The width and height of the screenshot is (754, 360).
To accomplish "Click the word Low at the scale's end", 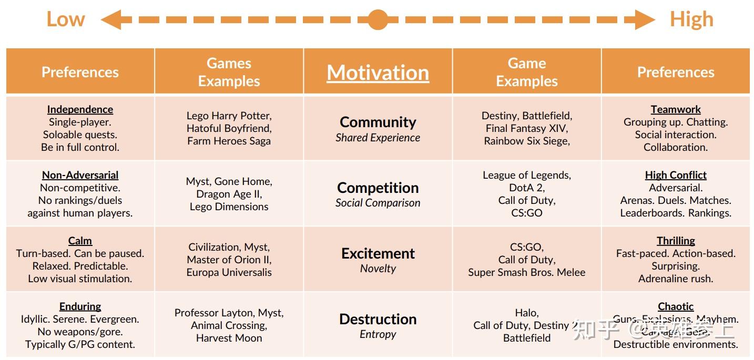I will pos(66,19).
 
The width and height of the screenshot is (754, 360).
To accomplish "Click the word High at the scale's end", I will pos(691,19).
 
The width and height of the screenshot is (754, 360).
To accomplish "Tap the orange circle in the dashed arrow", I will pos(378,19).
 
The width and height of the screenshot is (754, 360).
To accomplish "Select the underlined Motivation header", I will pos(378,73).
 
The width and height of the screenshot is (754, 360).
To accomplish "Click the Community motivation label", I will pos(378,122).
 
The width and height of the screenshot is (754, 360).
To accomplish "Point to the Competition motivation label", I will pos(378,188).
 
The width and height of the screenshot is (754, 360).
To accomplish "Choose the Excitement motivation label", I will pos(378,253).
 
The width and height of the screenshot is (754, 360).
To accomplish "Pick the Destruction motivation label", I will pos(378,319).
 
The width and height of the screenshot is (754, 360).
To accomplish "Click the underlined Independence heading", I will pos(80,109).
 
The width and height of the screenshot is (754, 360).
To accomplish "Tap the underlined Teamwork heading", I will pos(676,109).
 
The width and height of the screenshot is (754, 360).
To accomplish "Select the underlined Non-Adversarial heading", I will pos(80,175).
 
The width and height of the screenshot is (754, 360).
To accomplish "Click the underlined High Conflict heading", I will pos(676,175).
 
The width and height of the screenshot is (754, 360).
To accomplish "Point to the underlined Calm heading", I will pos(80,241).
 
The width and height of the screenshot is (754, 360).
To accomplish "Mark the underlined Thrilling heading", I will pos(676,241).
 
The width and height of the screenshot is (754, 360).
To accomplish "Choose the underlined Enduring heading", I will pos(80,306).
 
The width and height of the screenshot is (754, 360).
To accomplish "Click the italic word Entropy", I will pos(378,334).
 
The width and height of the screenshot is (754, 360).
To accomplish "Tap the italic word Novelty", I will pos(378,269).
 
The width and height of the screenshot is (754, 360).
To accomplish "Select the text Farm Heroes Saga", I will pos(229,141).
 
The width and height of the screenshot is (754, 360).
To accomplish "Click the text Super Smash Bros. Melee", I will pos(526,272).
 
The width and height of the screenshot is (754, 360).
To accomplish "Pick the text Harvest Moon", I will pos(229,338).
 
